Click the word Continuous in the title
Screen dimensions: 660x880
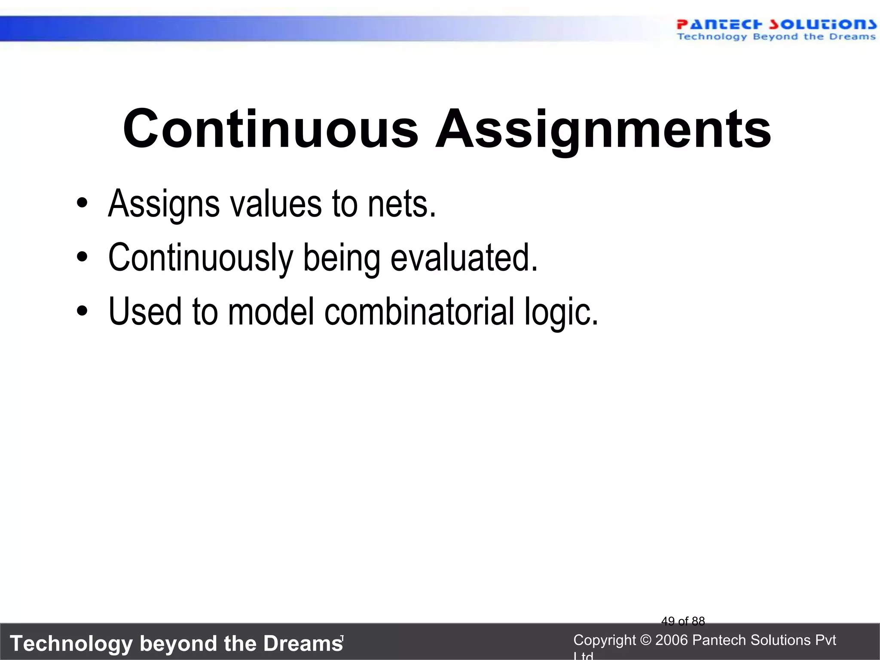click(x=270, y=129)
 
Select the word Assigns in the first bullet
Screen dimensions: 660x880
click(x=164, y=204)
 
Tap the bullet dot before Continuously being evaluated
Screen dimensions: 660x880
click(x=82, y=257)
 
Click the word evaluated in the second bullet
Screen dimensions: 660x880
click(x=464, y=258)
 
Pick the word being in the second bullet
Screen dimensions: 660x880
click(x=342, y=258)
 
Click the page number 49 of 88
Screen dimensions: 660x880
click(x=683, y=621)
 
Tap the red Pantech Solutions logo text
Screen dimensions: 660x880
click(x=776, y=24)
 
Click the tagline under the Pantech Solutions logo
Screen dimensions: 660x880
click(x=776, y=37)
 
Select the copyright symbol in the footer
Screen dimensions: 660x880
click(x=645, y=640)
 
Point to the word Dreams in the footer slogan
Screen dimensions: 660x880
click(x=302, y=643)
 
